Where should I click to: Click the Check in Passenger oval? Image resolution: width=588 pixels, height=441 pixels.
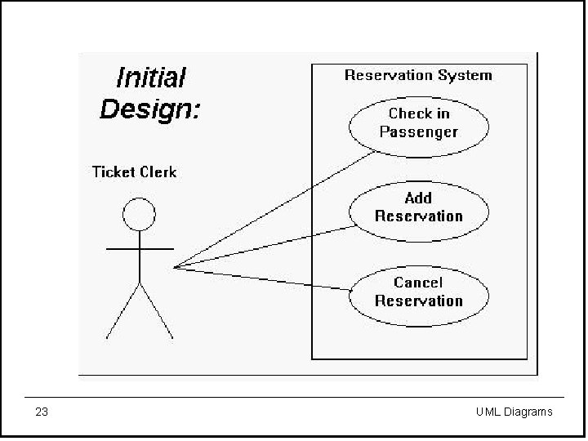pyautogui.click(x=419, y=123)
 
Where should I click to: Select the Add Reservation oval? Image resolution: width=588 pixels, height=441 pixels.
pyautogui.click(x=419, y=207)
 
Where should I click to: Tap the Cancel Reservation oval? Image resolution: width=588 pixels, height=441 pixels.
pyautogui.click(x=419, y=292)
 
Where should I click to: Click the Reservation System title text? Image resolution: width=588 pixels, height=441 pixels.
pyautogui.click(x=418, y=75)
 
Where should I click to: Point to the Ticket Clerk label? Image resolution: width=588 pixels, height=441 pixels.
pyautogui.click(x=134, y=171)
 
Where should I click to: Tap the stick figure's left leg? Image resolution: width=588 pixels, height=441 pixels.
pyautogui.click(x=123, y=311)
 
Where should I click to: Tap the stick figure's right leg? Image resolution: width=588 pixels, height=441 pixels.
pyautogui.click(x=157, y=311)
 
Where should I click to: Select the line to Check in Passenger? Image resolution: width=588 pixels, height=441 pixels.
pyautogui.click(x=278, y=208)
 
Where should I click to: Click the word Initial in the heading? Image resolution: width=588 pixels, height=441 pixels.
pyautogui.click(x=151, y=78)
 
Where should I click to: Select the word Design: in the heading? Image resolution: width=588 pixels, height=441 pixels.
pyautogui.click(x=149, y=109)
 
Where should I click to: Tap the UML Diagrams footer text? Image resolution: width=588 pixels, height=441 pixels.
pyautogui.click(x=514, y=412)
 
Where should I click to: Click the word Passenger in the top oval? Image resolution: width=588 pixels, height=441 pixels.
pyautogui.click(x=419, y=132)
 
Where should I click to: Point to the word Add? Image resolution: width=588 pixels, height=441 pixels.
pyautogui.click(x=418, y=198)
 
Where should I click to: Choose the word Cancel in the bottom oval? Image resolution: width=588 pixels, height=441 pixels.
pyautogui.click(x=418, y=283)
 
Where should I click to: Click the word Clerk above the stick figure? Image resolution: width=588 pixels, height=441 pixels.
pyautogui.click(x=158, y=171)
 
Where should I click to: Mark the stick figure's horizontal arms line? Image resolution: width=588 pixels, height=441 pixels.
pyautogui.click(x=140, y=247)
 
